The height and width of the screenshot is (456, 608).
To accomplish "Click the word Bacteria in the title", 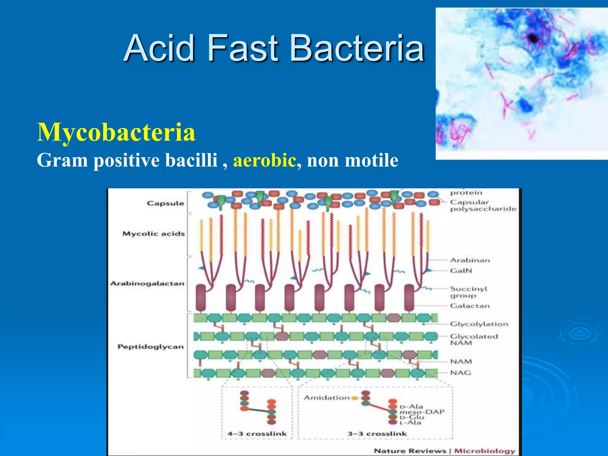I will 357,48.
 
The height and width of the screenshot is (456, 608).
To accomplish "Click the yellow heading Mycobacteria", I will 116,132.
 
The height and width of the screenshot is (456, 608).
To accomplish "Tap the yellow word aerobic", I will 265,160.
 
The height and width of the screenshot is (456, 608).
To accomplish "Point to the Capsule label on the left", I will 165,203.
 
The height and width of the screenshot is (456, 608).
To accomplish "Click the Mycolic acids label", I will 153,234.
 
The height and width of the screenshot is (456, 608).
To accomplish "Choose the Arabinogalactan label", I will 147,284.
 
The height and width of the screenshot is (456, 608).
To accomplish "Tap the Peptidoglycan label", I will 151,347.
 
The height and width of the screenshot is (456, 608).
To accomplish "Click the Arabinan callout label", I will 470,260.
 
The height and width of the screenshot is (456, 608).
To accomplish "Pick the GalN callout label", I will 461,271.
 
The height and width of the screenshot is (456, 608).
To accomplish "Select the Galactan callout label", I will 470,306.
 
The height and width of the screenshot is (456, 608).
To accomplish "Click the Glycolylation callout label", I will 479,324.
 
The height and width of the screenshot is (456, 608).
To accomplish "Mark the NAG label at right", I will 460,373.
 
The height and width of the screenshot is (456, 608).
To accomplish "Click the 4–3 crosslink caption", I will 257,434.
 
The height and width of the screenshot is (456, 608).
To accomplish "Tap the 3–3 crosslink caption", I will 377,434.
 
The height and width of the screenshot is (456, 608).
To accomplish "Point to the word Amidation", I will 327,398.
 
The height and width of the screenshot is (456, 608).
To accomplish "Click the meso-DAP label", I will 422,412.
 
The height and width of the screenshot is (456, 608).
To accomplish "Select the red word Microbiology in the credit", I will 484,451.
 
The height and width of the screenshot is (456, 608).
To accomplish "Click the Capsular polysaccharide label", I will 483,205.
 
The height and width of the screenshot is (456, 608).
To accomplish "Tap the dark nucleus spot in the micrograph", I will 533,38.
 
